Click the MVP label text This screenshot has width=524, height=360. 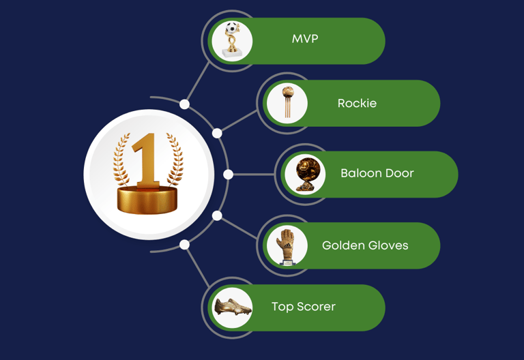pos(305,39)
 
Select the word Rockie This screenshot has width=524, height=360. pos(357,104)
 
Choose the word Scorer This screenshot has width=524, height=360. pos(316,307)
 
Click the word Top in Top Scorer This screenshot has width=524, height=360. pos(282,307)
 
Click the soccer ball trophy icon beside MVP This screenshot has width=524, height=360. pos(233,40)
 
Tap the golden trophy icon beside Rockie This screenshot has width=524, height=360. pos(287,103)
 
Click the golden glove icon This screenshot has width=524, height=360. pos(287,245)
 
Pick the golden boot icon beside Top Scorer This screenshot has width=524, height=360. pos(233,308)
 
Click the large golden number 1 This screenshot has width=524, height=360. pos(147,160)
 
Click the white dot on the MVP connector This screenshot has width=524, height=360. pos(185,104)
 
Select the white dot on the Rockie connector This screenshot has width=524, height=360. pos(217,133)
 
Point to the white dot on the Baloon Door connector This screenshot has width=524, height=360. pos(229,175)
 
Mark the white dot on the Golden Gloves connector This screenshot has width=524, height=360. pos(217,216)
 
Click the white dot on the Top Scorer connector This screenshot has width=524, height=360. pos(185,245)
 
